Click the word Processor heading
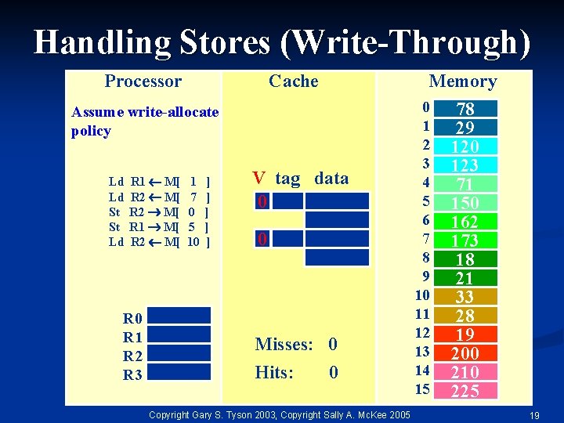click(x=143, y=81)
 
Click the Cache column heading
click(x=293, y=81)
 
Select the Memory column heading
click(x=462, y=81)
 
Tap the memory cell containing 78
click(x=465, y=109)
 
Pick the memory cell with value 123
click(x=465, y=165)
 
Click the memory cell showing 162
click(x=465, y=222)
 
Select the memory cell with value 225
click(x=465, y=391)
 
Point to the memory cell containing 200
click(x=465, y=353)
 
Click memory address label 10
click(x=422, y=295)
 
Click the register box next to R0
click(x=179, y=316)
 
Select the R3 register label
click(x=132, y=375)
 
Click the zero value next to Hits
click(x=334, y=373)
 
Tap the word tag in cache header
click(x=287, y=179)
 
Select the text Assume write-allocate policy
click(x=145, y=121)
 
